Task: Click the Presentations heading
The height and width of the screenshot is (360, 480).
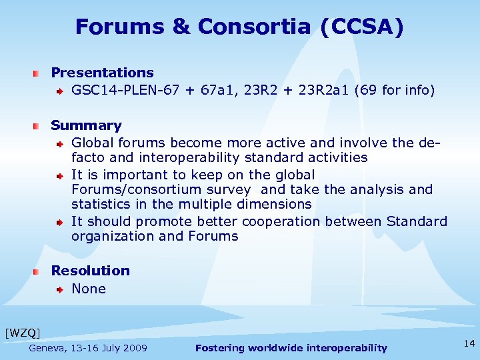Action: click(102, 73)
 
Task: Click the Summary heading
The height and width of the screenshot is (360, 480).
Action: click(86, 125)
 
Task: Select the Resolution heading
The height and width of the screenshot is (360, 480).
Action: click(90, 271)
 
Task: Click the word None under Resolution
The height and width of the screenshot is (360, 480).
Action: click(89, 289)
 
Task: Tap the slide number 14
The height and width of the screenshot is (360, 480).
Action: click(469, 343)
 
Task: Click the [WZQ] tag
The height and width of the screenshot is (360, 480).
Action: click(22, 332)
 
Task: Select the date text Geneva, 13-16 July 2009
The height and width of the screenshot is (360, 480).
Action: click(88, 348)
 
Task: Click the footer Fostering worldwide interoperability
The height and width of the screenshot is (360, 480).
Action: click(291, 348)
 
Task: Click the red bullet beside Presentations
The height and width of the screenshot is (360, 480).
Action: click(40, 73)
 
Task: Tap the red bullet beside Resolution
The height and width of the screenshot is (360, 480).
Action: click(40, 271)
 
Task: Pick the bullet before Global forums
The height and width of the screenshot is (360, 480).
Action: click(60, 143)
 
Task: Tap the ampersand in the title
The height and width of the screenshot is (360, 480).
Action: click(181, 27)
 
